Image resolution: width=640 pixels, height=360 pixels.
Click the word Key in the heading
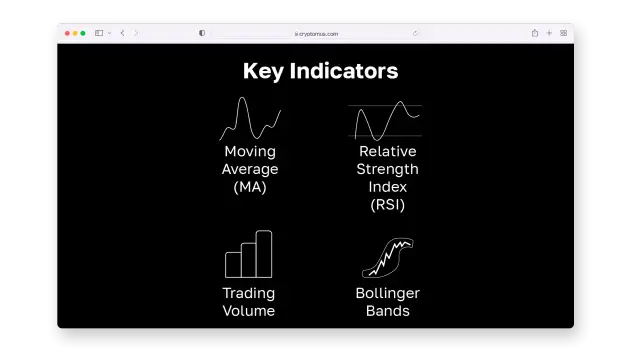(263, 71)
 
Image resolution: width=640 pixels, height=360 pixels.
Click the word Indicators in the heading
(344, 71)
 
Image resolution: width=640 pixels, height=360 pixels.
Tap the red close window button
(67, 33)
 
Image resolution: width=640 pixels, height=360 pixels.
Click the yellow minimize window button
(75, 33)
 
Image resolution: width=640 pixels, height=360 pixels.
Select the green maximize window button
(83, 33)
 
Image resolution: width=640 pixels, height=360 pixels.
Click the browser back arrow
(122, 33)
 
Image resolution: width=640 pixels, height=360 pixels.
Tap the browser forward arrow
(136, 33)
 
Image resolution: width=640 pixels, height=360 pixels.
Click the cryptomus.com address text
(318, 34)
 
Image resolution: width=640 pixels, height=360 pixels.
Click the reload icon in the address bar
(415, 33)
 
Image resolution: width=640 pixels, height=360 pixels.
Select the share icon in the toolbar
(535, 33)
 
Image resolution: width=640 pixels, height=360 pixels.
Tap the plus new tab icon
(549, 33)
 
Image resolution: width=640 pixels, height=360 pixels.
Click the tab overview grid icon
(563, 33)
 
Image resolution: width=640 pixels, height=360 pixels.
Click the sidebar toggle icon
(99, 33)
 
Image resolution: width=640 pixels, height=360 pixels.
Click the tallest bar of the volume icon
(264, 254)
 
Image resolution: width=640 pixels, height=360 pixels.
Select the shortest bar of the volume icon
(233, 265)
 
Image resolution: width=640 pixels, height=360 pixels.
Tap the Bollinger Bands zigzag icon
(388, 258)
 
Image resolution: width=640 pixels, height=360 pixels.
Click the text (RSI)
(387, 205)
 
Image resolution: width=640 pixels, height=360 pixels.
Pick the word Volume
(249, 311)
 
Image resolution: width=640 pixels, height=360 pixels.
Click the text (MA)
(250, 187)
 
